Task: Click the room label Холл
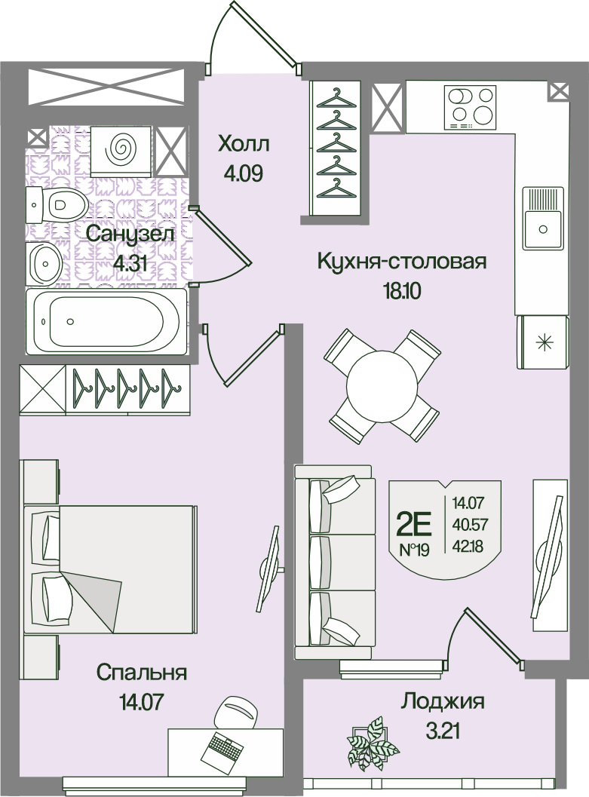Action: coord(244,145)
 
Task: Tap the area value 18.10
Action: coord(401,292)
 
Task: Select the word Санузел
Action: coord(130,235)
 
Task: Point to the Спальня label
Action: coord(142,673)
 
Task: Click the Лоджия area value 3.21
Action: coord(442,732)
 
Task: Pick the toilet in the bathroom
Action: coord(57,204)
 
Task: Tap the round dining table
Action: coord(382,386)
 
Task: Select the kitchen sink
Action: coord(543,218)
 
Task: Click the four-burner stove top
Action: coord(470,108)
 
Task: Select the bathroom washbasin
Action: coord(44,264)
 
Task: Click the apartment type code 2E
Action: coord(413,526)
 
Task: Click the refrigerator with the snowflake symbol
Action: coord(543,342)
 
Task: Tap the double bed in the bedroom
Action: coord(110,569)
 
